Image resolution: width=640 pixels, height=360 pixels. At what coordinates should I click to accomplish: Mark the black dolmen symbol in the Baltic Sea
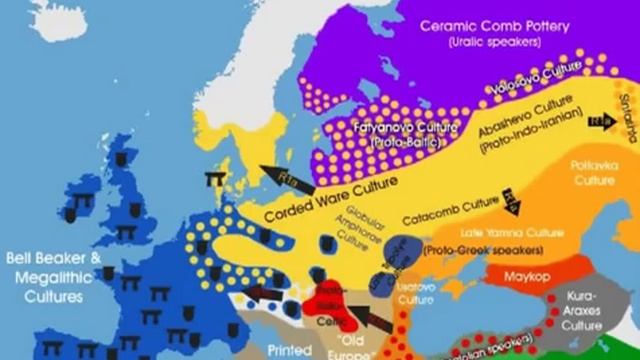(x=214, y=180)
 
